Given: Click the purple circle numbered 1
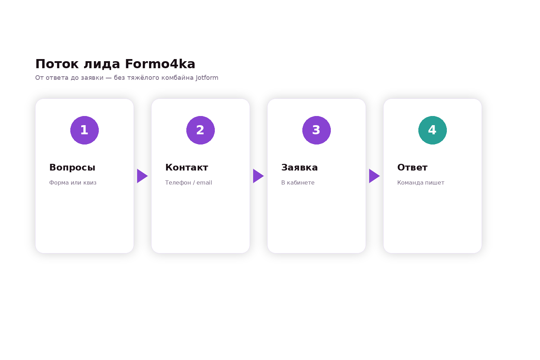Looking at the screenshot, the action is tap(84, 130).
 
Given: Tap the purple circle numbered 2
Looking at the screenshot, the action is tap(200, 130).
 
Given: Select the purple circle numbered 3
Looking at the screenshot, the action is tap(316, 130).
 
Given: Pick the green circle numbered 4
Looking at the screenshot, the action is tap(432, 130).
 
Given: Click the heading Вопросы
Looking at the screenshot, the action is tap(72, 168).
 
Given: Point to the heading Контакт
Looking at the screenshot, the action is tap(187, 167).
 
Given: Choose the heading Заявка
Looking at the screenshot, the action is tap(300, 167).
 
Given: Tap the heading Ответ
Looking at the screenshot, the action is tap(412, 167).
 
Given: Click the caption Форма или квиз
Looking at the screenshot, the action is tap(73, 182).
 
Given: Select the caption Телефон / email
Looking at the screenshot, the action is tap(188, 182).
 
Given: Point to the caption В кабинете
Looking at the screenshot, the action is tap(298, 182).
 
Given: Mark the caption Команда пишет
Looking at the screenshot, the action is tap(421, 182).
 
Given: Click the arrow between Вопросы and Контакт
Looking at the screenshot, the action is tap(142, 176).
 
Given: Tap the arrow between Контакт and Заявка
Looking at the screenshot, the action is tap(258, 176).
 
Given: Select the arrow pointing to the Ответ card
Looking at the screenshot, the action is tap(374, 176).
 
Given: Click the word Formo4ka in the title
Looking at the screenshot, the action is tap(160, 64).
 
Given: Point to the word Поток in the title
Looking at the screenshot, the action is tap(57, 64).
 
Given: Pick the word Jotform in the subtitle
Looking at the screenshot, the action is tap(207, 78).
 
